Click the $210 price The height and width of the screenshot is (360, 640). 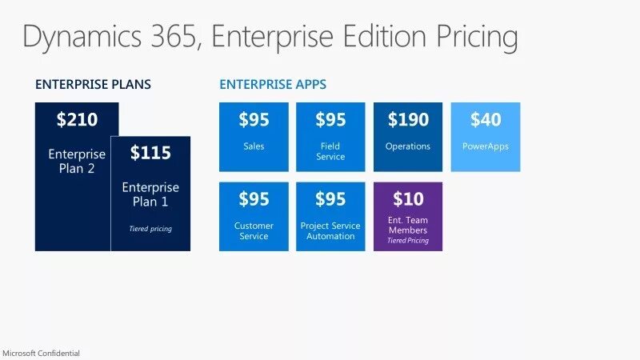[77, 120]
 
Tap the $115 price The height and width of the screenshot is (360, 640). [150, 153]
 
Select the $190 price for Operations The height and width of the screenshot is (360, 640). [408, 120]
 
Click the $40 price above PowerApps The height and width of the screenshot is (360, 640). [486, 120]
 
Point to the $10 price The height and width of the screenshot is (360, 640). [408, 198]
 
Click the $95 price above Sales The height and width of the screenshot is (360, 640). [254, 120]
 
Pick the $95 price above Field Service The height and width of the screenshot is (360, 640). [330, 120]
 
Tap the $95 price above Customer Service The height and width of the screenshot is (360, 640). [254, 198]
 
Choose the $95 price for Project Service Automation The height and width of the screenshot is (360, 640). [330, 198]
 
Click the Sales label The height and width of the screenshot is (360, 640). [254, 146]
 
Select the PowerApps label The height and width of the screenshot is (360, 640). [486, 146]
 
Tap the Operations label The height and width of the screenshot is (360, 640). [408, 146]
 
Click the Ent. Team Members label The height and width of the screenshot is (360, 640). [408, 225]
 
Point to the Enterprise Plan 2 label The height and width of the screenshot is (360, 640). [77, 161]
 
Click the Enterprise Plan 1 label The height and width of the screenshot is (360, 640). [150, 194]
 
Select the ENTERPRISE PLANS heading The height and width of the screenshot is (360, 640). [93, 84]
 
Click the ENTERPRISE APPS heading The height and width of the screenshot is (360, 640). [273, 84]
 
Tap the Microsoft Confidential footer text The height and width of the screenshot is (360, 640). [41, 353]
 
